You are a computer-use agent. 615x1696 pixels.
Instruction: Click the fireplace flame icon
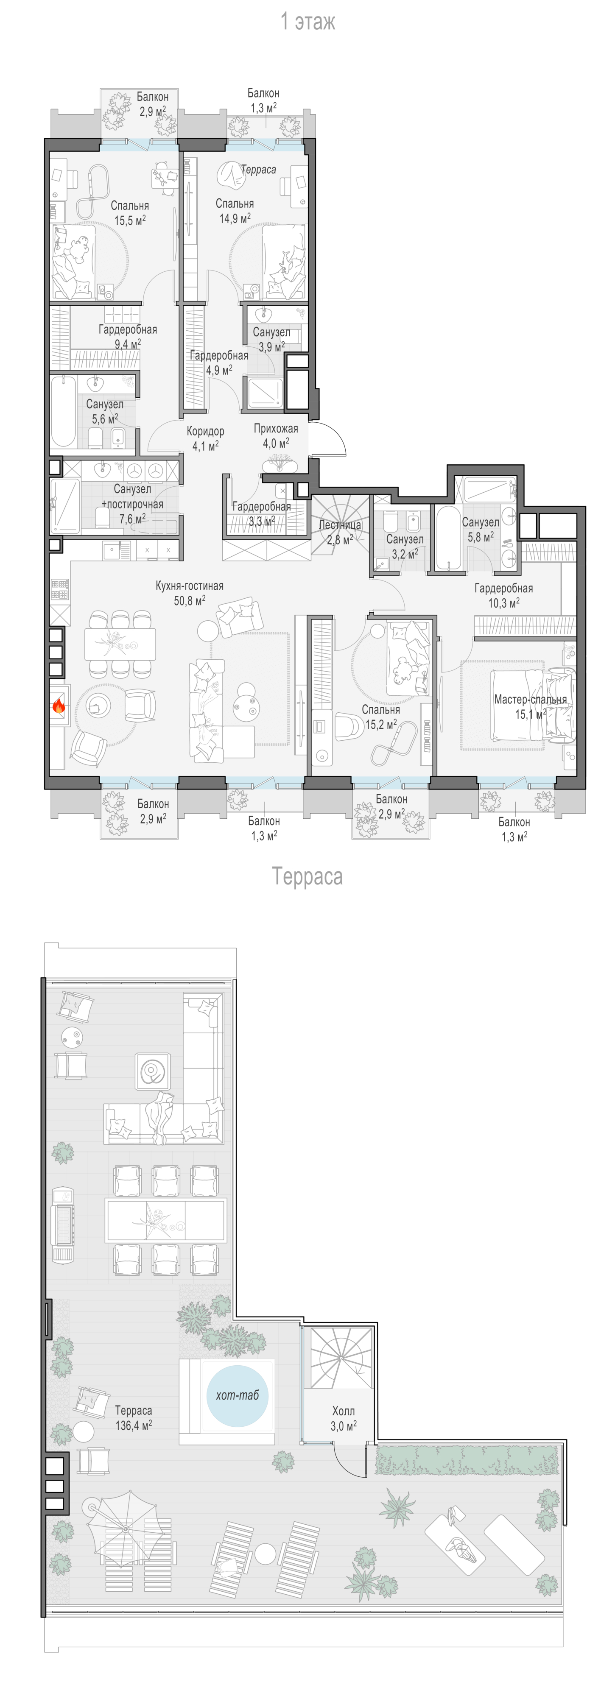pyautogui.click(x=58, y=706)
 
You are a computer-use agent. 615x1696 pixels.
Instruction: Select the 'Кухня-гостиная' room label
pyautogui.click(x=190, y=585)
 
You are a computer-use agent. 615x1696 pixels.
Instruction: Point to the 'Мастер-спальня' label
pyautogui.click(x=531, y=699)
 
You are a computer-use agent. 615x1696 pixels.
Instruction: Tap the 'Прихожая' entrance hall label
pyautogui.click(x=276, y=429)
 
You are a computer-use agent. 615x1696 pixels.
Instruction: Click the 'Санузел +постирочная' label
pyautogui.click(x=132, y=497)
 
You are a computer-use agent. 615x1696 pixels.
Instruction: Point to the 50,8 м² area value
pyautogui.click(x=190, y=600)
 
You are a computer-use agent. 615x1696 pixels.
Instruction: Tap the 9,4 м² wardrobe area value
pyautogui.click(x=128, y=344)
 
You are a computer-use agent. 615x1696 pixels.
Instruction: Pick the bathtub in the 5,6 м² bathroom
pyautogui.click(x=64, y=412)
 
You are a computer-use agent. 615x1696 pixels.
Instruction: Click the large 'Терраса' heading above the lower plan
pyautogui.click(x=307, y=877)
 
